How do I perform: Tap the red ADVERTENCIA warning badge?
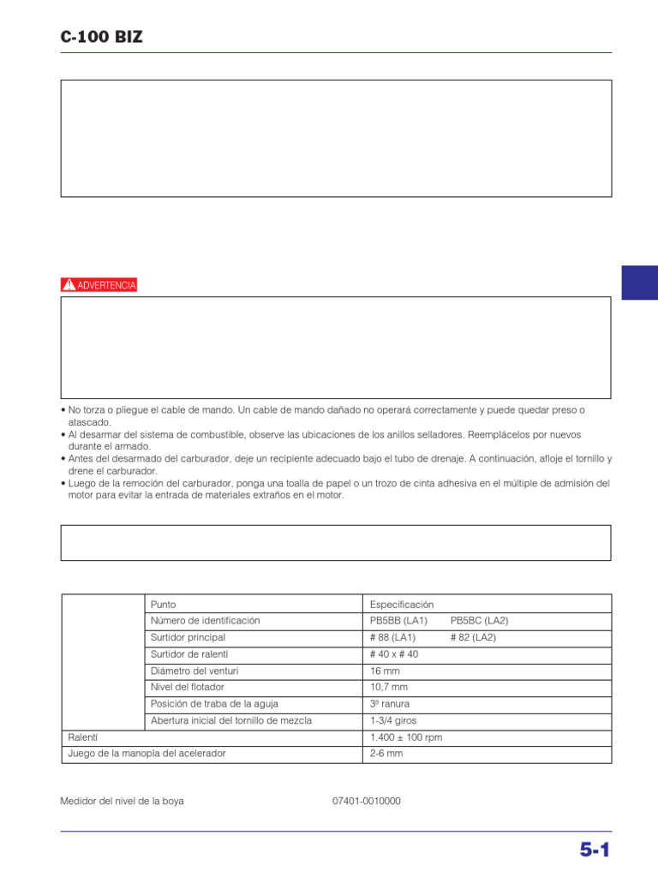point(99,285)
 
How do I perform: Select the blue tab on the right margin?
point(639,282)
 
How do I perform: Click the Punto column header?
point(163,605)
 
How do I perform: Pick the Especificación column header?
point(402,605)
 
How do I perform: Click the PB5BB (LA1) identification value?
point(393,621)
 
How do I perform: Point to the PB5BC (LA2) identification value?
point(479,621)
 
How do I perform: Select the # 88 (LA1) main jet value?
point(393,638)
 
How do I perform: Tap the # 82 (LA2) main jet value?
point(473,638)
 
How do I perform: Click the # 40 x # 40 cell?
point(394,654)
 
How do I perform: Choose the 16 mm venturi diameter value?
point(383,671)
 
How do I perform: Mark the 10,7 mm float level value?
point(389,688)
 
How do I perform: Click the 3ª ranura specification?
point(390,704)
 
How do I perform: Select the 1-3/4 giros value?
point(393,721)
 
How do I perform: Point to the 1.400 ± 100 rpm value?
point(406,737)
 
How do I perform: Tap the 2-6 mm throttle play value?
point(386,755)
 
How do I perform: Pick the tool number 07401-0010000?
point(367,802)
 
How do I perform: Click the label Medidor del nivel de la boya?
point(122,802)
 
